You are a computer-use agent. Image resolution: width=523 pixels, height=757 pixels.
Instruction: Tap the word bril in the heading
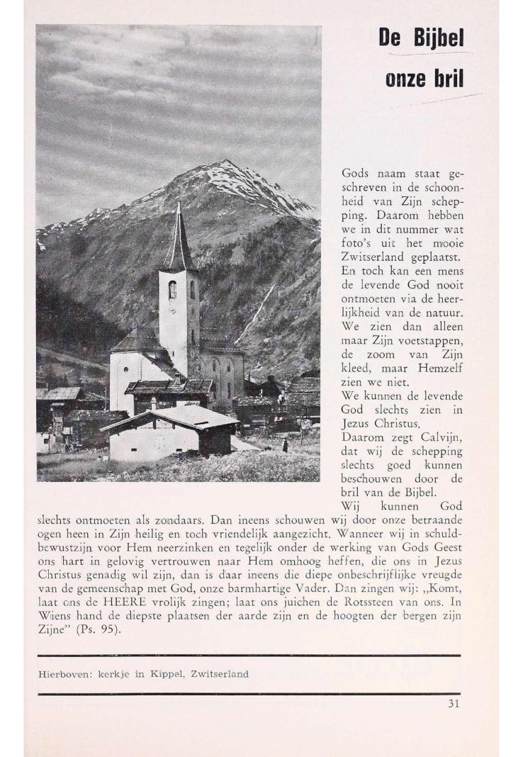coord(446,79)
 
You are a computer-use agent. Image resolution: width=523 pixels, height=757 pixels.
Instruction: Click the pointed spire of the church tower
coord(179,227)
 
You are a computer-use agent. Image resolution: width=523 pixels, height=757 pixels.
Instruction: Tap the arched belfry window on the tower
coord(172,289)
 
